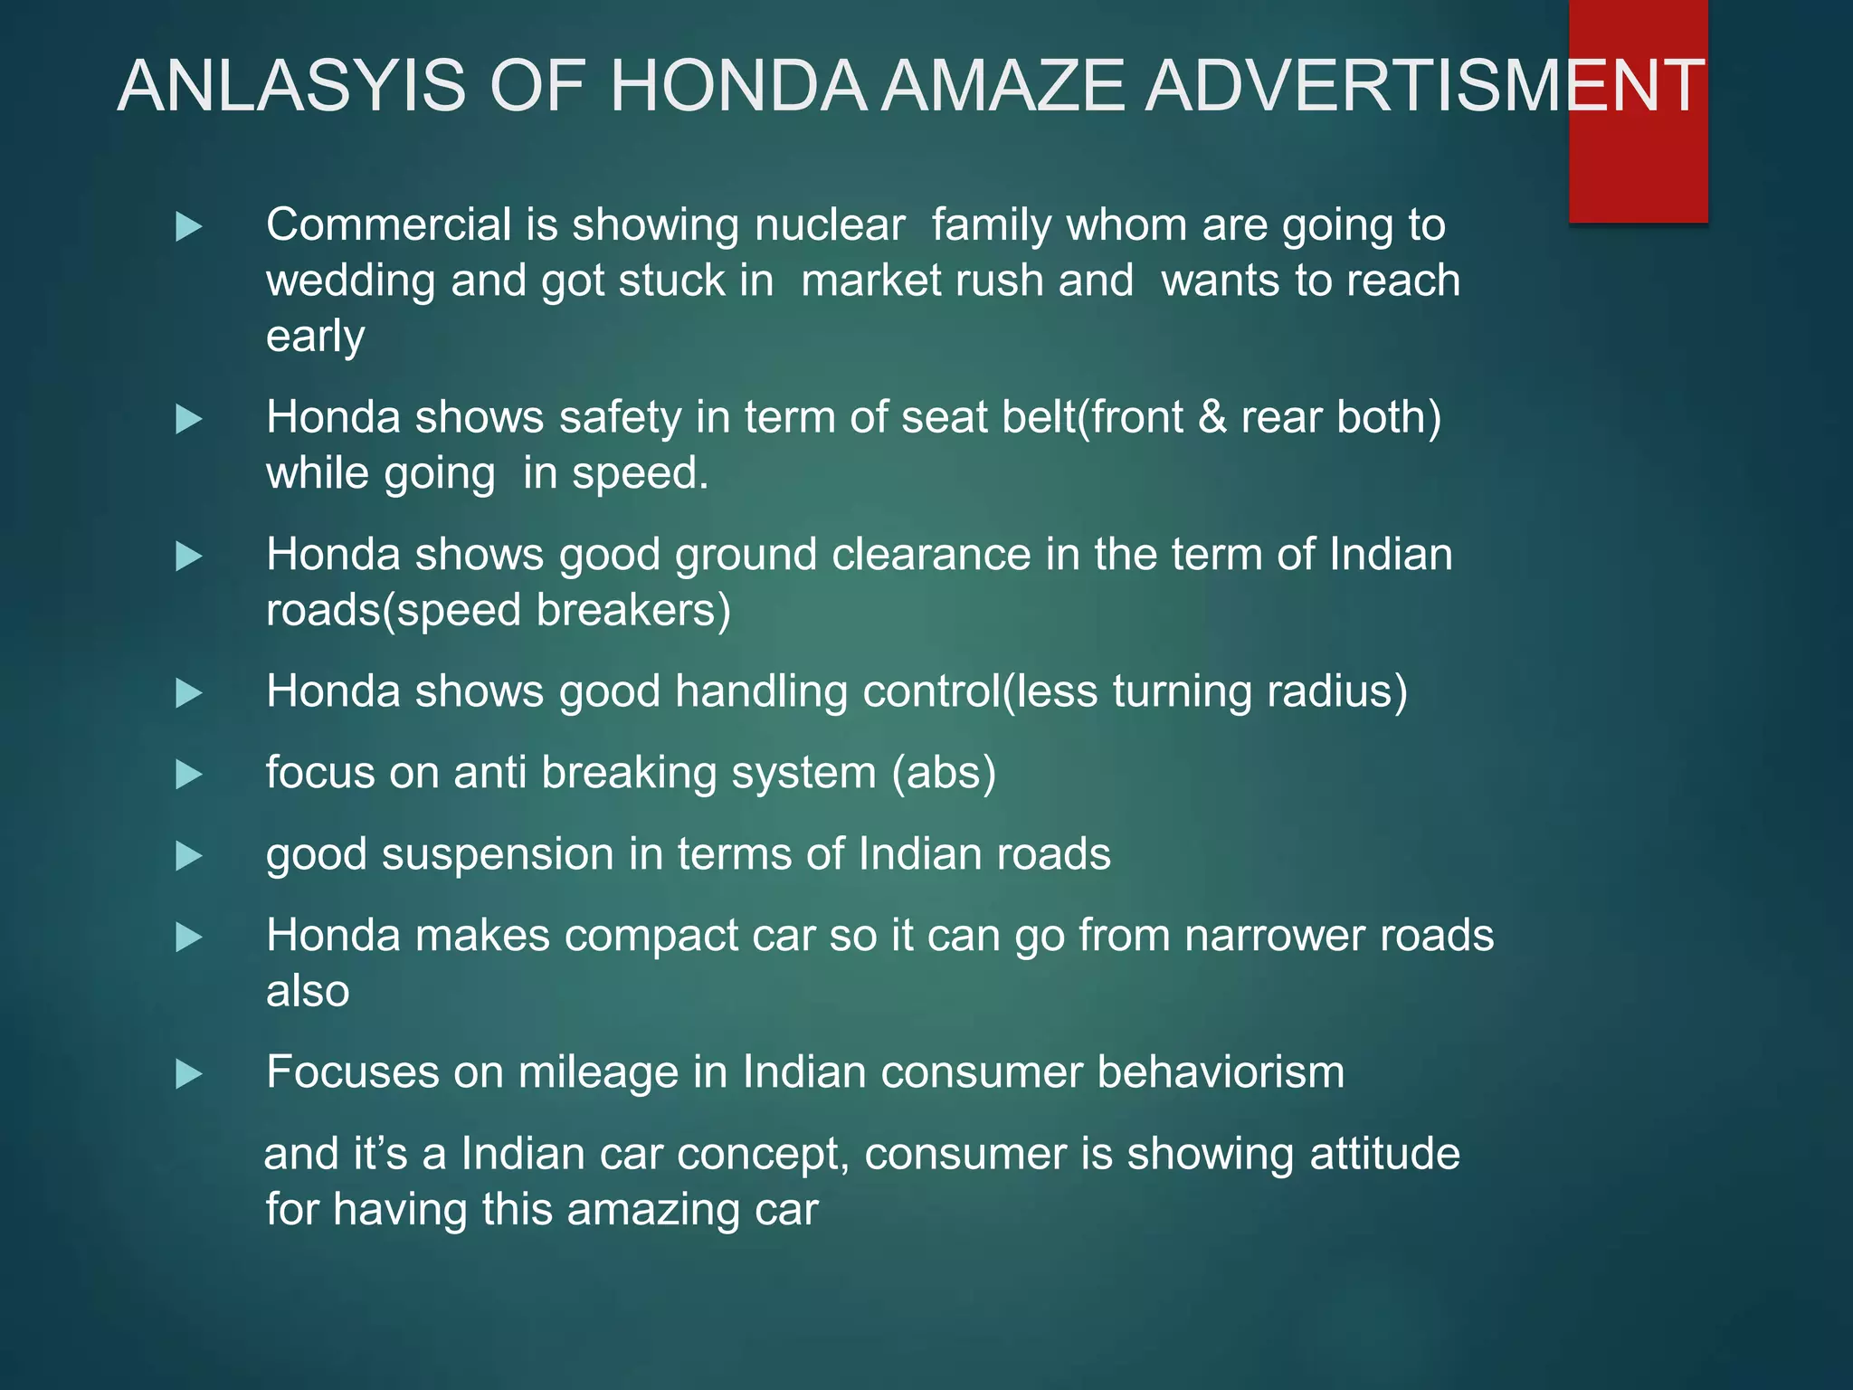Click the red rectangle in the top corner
(x=1638, y=163)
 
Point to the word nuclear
(x=830, y=224)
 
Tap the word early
(x=315, y=337)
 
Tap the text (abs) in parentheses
(x=944, y=773)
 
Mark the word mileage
(x=598, y=1072)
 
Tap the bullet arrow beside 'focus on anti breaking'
(x=188, y=775)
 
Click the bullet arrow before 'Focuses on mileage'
(x=188, y=1074)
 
